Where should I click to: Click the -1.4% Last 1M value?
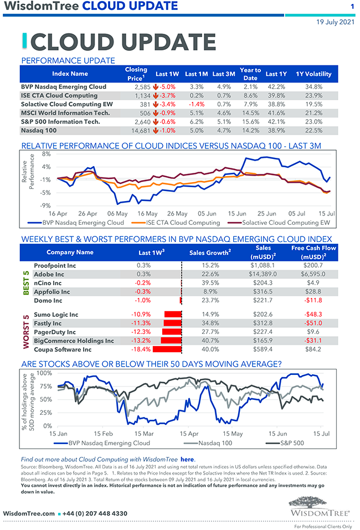197,104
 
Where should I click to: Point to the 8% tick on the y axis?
45,154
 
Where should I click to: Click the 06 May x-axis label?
118,213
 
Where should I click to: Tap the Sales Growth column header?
209,253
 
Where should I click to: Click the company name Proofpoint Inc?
55,266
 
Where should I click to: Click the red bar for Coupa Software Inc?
167,349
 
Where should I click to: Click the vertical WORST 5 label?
25,332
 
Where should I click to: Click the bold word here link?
187,459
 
